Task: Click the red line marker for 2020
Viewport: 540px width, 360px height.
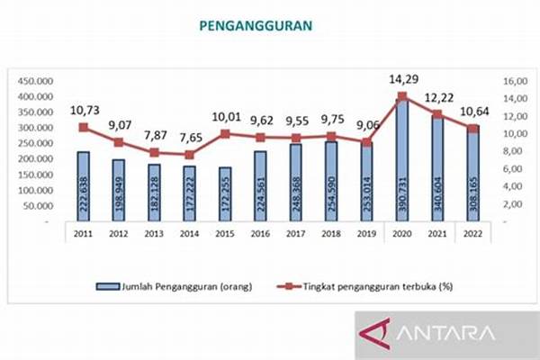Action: [402, 96]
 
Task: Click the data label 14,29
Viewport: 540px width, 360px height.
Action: [402, 79]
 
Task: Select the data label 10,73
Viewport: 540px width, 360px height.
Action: [84, 109]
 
